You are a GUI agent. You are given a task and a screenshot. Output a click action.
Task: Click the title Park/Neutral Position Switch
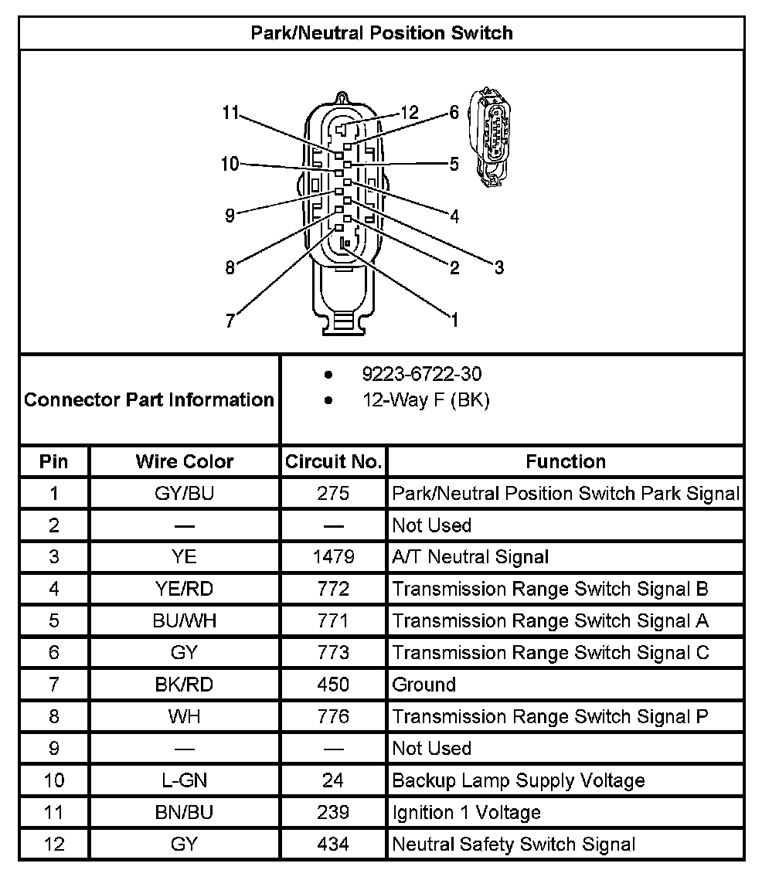tap(382, 33)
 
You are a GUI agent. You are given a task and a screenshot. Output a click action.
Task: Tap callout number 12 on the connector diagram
tap(409, 113)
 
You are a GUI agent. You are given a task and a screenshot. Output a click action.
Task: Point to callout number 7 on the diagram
tap(230, 321)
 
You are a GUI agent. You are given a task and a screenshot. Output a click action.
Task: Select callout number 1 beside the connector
tap(454, 319)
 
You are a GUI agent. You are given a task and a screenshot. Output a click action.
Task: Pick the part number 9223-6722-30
tap(421, 375)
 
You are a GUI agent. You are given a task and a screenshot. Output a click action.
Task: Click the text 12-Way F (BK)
tap(426, 400)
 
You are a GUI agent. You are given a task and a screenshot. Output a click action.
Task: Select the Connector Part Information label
tap(149, 399)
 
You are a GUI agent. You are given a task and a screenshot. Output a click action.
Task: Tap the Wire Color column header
tap(184, 461)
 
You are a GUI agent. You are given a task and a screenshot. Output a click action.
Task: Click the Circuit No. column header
tap(333, 461)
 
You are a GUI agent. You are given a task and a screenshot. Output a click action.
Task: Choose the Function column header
tap(566, 461)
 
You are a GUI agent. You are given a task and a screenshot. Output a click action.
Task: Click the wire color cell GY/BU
tap(184, 493)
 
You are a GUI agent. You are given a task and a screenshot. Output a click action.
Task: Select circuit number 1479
tap(333, 557)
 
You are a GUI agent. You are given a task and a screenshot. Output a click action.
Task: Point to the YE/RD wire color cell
tap(184, 589)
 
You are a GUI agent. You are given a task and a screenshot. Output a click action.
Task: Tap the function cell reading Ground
tap(424, 685)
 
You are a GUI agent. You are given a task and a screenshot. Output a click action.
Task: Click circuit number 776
tap(333, 716)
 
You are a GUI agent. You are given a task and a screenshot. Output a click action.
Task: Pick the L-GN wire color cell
tap(184, 780)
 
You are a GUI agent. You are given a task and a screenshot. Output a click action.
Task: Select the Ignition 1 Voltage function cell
tap(467, 812)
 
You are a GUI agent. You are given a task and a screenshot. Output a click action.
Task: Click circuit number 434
tap(333, 844)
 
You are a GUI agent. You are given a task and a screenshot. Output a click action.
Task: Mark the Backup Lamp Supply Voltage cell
tap(519, 780)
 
